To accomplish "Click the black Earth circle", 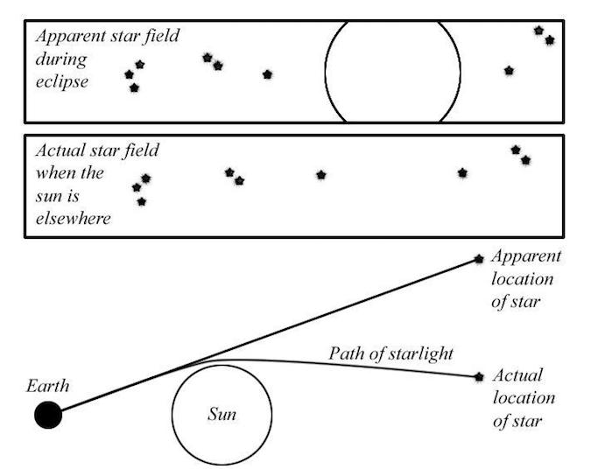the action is [x=48, y=415].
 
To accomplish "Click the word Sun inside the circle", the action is [x=222, y=414].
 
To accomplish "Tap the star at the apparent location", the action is [x=479, y=259].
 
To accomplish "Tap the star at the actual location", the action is [x=479, y=377].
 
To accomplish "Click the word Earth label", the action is [x=48, y=386].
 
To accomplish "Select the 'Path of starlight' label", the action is [x=390, y=353].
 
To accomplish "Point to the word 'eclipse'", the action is [x=62, y=81].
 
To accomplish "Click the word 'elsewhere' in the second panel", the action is [x=74, y=219].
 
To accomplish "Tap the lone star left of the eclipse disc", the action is [x=267, y=74].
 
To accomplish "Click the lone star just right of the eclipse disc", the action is [x=509, y=71].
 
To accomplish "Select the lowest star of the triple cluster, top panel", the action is [x=134, y=88].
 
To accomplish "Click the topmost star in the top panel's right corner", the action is [x=539, y=31].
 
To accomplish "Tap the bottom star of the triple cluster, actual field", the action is [x=141, y=202].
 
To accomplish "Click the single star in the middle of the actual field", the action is [x=320, y=175].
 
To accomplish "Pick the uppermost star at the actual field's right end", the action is [x=516, y=150].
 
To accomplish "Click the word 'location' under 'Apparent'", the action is [x=523, y=279].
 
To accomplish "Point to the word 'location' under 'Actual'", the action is [x=524, y=398].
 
